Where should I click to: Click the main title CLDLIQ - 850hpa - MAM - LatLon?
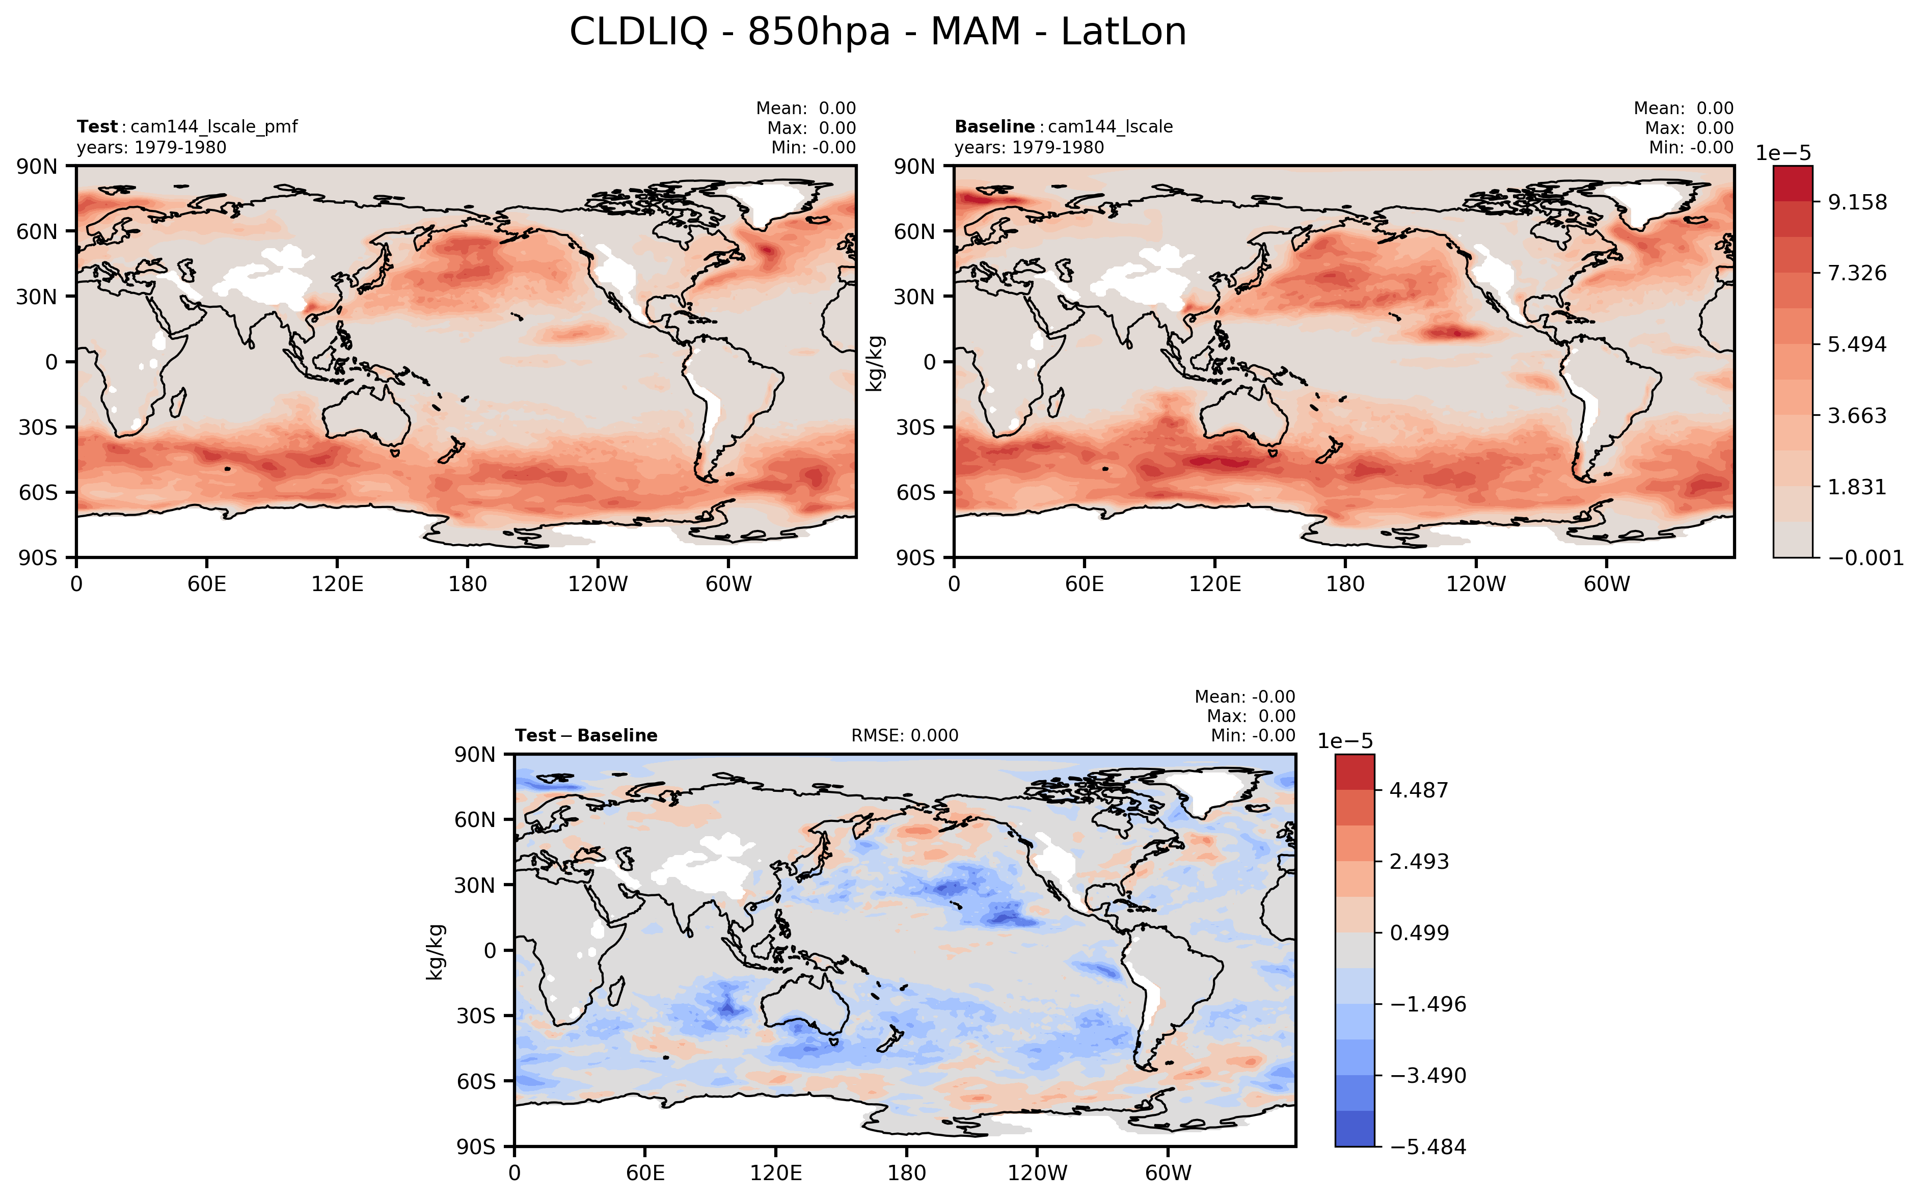click(878, 33)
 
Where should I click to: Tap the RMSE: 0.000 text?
click(905, 736)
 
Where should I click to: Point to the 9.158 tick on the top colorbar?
click(1857, 202)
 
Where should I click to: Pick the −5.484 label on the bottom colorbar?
click(1428, 1147)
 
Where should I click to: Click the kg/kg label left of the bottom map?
click(435, 951)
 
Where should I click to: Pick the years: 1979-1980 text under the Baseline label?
click(1029, 148)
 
